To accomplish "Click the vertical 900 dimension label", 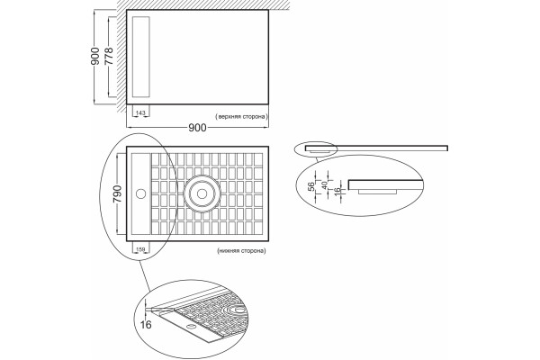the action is pyautogui.click(x=95, y=56).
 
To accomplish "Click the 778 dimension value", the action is pyautogui.click(x=109, y=56).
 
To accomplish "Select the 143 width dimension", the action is pyautogui.click(x=140, y=112).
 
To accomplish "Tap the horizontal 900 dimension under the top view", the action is pyautogui.click(x=197, y=128).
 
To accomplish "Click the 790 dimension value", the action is pyautogui.click(x=117, y=193).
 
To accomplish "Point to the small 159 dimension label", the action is pyautogui.click(x=141, y=248).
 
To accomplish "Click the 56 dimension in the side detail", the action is pyautogui.click(x=311, y=186).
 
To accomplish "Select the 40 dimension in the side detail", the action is pyautogui.click(x=324, y=185).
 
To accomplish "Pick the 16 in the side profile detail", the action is pyautogui.click(x=337, y=189).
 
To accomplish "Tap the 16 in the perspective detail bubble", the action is pyautogui.click(x=146, y=325).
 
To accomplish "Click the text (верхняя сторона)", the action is pyautogui.click(x=241, y=116).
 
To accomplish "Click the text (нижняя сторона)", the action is pyautogui.click(x=241, y=250).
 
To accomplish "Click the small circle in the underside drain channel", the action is pyautogui.click(x=141, y=194).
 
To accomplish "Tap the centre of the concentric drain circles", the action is pyautogui.click(x=202, y=194).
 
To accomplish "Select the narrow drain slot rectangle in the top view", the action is pyautogui.click(x=141, y=57).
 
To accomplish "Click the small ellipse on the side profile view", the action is pyautogui.click(x=316, y=148).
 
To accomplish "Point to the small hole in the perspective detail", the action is pyautogui.click(x=190, y=325).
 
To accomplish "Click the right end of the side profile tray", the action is pyautogui.click(x=447, y=148).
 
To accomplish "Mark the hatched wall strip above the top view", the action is pyautogui.click(x=203, y=4).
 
